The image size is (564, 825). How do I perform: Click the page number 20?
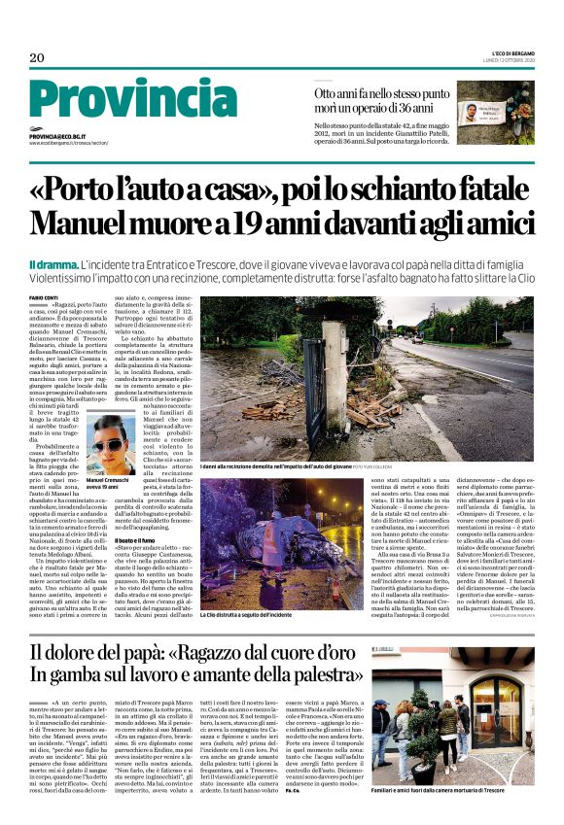pos(37,57)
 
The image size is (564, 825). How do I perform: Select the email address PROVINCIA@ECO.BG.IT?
pos(63,137)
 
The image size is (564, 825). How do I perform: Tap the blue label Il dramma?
pos(54,263)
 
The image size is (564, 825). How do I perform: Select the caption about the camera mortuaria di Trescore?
pos(451,808)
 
